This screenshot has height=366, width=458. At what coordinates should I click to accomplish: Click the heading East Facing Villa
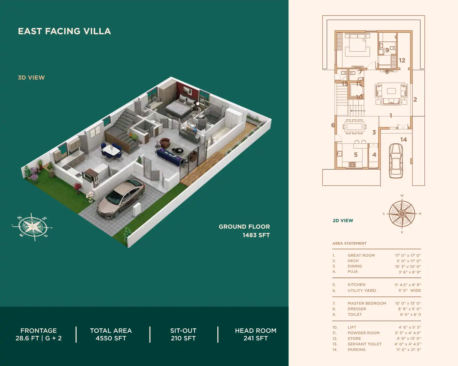[64, 31]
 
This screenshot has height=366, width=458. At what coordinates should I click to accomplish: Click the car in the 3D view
[121, 198]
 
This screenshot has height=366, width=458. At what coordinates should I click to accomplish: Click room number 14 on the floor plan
[403, 140]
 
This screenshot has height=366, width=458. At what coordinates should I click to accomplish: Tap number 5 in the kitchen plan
[356, 155]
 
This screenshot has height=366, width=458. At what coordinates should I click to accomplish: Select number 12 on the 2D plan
[402, 60]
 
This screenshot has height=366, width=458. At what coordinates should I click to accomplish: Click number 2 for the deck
[415, 99]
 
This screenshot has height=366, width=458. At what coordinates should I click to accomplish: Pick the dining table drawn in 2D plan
[354, 126]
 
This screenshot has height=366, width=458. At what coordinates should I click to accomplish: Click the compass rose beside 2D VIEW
[402, 214]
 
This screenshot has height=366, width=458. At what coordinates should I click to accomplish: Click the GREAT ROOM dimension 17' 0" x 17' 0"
[408, 255]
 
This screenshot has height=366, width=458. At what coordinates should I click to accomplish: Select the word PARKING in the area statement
[357, 350]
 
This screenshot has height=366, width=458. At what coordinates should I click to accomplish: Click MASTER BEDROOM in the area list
[367, 303]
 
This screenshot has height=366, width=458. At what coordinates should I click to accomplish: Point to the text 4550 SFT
[111, 338]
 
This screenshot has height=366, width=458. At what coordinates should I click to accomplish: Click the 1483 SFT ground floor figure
[256, 235]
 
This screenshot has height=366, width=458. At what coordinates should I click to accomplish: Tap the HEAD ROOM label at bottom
[256, 331]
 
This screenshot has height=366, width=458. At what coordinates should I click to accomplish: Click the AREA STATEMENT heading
[349, 243]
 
